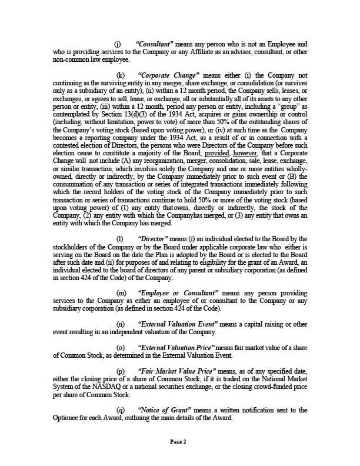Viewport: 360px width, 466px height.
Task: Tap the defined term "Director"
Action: coord(152,238)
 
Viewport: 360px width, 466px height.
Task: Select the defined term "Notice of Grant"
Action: coord(163,410)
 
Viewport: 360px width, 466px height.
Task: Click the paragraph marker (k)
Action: coord(121,76)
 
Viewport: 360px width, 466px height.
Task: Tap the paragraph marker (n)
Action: coord(121,324)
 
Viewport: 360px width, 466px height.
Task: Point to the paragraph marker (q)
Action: coord(121,410)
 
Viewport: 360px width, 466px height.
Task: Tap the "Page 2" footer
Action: coord(178,442)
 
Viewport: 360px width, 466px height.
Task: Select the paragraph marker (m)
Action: coord(121,292)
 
